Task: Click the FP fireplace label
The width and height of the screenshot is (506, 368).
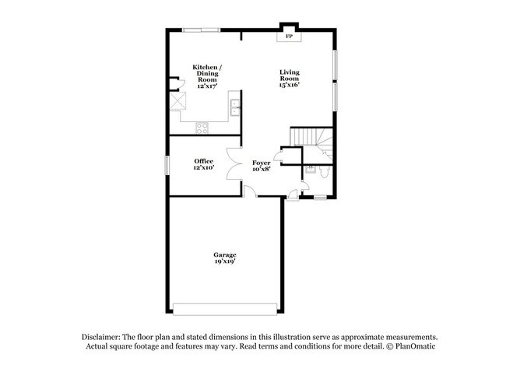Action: (x=290, y=37)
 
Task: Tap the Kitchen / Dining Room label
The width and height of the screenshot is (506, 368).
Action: (x=206, y=73)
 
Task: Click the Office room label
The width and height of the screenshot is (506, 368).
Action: (x=203, y=161)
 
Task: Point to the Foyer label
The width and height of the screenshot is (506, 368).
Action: (x=261, y=163)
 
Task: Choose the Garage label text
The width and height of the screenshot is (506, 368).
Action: (x=225, y=255)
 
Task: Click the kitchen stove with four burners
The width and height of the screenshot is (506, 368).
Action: (x=202, y=128)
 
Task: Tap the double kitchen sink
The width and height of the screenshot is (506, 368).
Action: (x=236, y=107)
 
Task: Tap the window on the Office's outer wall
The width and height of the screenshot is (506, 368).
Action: (x=167, y=164)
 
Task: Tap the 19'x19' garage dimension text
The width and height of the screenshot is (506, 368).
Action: (x=225, y=262)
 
